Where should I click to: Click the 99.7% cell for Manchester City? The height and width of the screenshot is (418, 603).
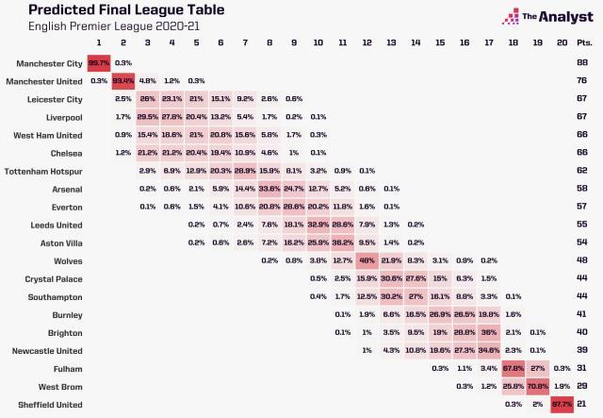(99, 63)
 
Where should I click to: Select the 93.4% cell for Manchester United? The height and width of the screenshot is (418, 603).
(123, 81)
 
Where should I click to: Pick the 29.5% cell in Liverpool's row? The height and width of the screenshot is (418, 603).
(148, 117)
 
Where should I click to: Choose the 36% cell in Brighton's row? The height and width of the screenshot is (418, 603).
(489, 332)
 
